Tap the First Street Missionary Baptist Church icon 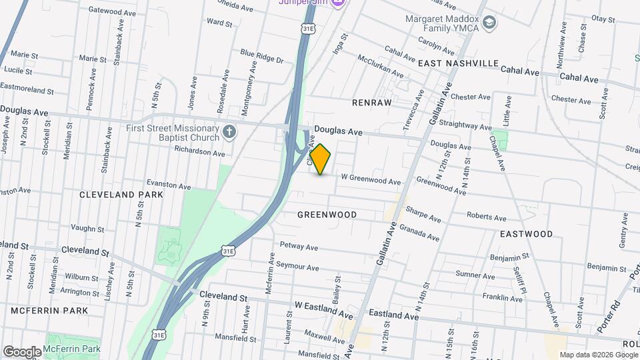(229, 131)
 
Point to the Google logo (21, 351)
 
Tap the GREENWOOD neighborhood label (327, 215)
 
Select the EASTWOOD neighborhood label (526, 234)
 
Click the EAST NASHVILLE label (458, 63)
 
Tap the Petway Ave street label (299, 247)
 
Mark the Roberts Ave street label (486, 217)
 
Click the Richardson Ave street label (199, 153)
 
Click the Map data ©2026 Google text (598, 355)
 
